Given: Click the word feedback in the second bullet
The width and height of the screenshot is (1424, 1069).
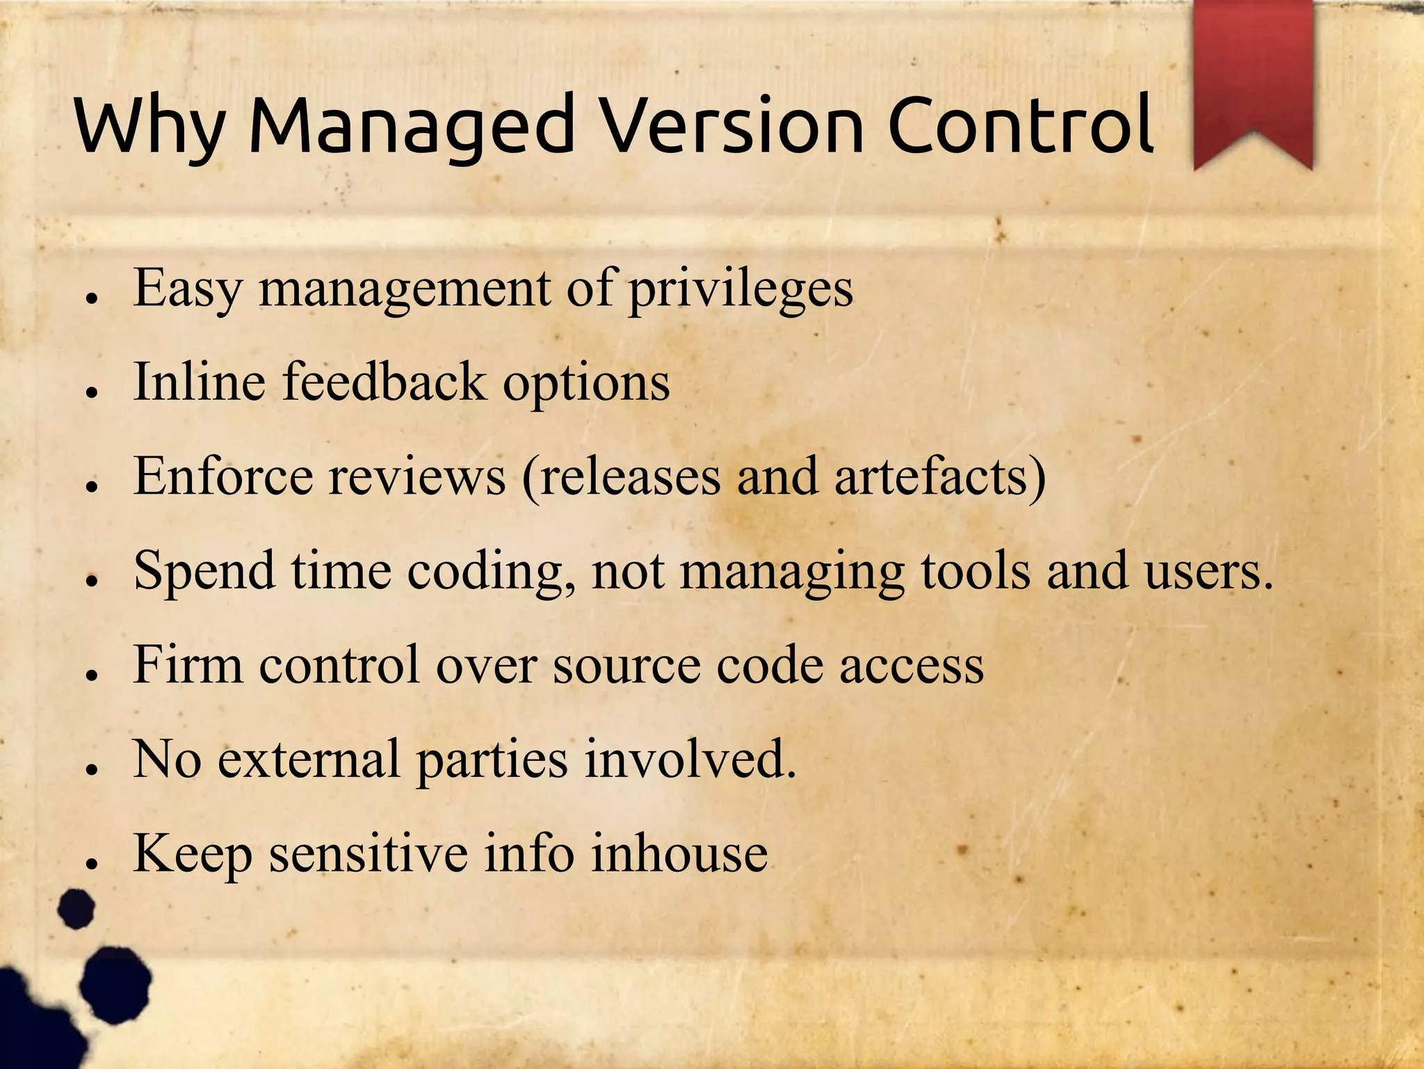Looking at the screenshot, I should [385, 382].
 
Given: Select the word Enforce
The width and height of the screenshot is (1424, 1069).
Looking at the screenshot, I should [223, 476].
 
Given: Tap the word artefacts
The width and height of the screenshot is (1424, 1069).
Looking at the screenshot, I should [939, 476].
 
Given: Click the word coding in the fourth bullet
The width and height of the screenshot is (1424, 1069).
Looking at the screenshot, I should [494, 572].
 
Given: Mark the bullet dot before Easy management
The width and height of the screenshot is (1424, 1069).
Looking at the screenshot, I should [90, 298].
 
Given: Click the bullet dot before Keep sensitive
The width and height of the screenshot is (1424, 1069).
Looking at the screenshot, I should [90, 863].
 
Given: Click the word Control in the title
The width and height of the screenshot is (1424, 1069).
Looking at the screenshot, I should [1021, 125].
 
